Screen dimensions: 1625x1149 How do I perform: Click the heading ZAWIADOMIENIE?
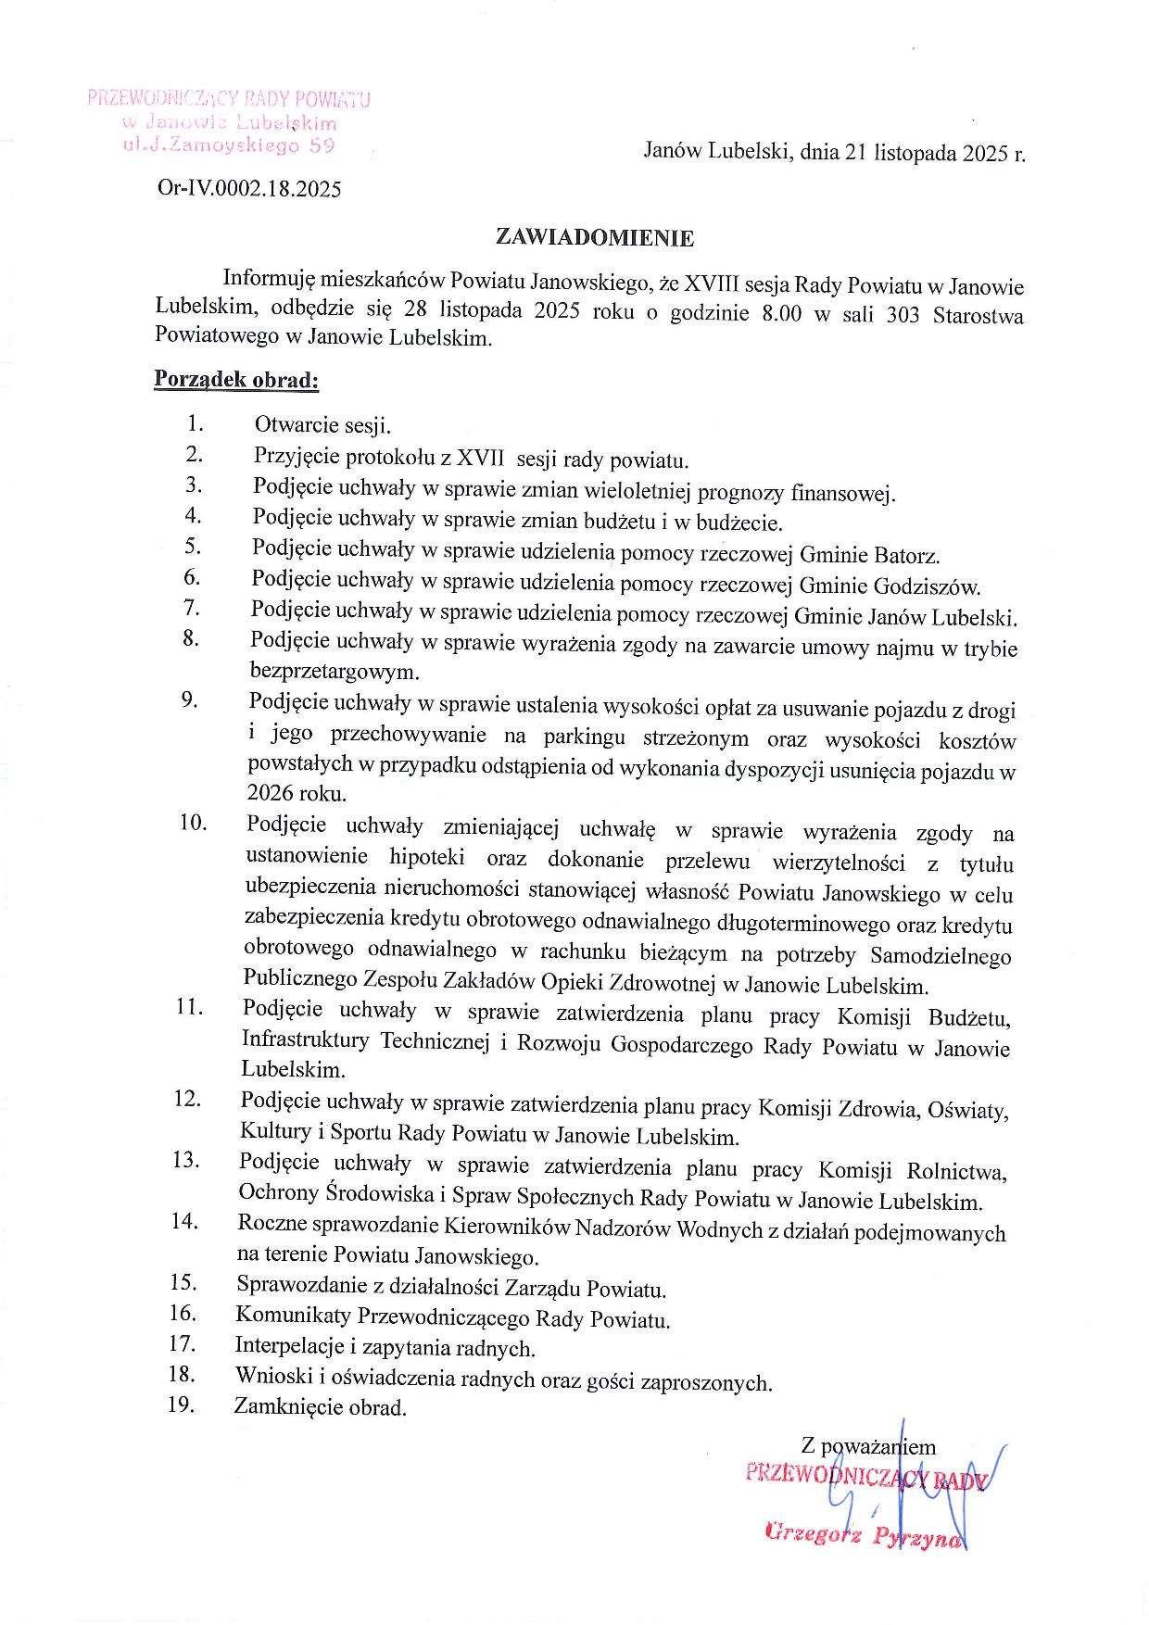(595, 238)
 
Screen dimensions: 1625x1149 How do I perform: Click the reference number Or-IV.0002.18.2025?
(249, 190)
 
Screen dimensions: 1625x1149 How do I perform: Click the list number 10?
(193, 823)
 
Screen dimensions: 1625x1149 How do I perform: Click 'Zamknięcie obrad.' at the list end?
(320, 1408)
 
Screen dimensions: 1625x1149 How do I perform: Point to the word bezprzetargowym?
(335, 671)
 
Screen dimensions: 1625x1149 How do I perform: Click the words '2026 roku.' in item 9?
(297, 794)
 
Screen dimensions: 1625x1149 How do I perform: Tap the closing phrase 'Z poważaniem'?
(868, 1446)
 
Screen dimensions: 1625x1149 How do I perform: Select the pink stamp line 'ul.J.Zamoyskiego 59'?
(228, 145)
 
